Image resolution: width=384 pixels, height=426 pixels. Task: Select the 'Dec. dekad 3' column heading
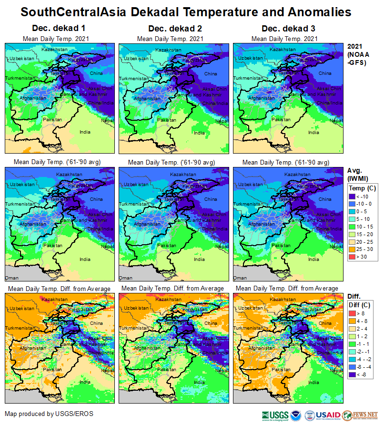(284, 29)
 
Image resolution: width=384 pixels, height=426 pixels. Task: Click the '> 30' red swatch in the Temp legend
(352, 257)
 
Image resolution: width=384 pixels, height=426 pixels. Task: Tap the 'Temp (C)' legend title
(362, 188)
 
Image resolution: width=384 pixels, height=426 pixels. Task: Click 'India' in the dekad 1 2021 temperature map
(85, 132)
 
